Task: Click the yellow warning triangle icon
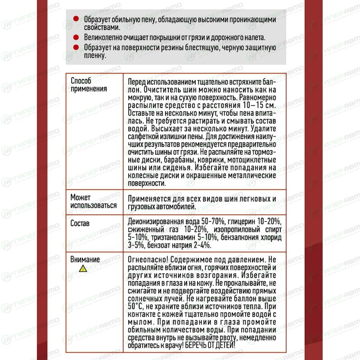[x=82, y=269]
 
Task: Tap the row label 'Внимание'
[x=85, y=259]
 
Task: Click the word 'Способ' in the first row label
[x=81, y=81]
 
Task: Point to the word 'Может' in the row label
[x=81, y=198]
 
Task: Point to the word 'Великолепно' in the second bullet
[x=104, y=37]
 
